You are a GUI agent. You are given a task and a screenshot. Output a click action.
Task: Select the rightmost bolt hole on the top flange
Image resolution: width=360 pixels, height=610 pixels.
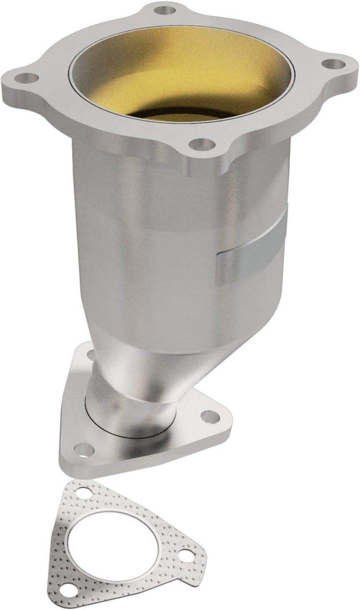click(334, 64)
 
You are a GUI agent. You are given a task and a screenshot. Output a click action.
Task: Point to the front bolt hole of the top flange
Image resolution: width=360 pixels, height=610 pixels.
click(203, 144)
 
